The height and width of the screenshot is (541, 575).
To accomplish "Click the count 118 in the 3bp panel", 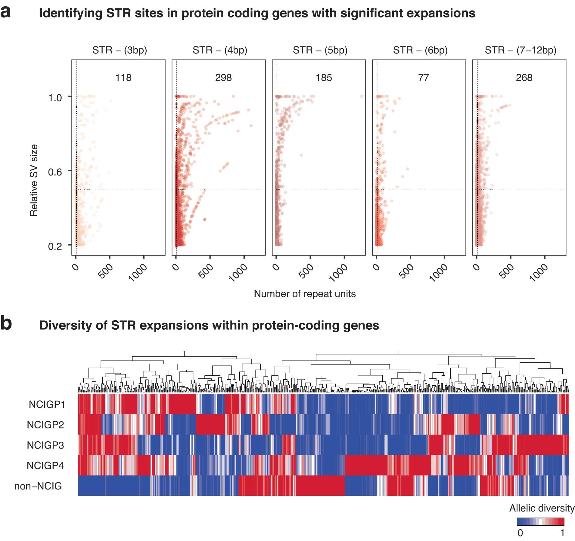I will (123, 78).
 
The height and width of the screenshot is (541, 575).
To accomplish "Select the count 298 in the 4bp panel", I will (223, 78).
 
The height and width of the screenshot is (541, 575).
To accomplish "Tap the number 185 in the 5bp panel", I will (324, 78).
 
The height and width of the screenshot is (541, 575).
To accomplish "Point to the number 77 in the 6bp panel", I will (423, 78).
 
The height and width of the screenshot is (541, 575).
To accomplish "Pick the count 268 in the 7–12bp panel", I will (524, 78).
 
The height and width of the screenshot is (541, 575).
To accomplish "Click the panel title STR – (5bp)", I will (320, 50).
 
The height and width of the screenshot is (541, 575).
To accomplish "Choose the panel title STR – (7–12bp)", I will (520, 50).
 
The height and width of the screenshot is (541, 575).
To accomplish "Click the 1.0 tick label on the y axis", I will (55, 98).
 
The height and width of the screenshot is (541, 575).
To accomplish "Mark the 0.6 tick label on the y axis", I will (55, 172).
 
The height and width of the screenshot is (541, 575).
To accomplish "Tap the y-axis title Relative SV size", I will (34, 180).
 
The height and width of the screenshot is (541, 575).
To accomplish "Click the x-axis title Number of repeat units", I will (305, 294).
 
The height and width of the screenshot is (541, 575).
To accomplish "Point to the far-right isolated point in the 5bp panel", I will (361, 96).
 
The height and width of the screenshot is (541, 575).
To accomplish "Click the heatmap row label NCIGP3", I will (45, 445).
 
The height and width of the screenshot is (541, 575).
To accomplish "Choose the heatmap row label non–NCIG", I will (38, 486).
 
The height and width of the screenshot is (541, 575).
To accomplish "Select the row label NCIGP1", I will (47, 404).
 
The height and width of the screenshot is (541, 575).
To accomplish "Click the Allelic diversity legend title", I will (542, 508).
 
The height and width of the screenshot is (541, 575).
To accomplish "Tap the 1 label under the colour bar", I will (562, 533).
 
